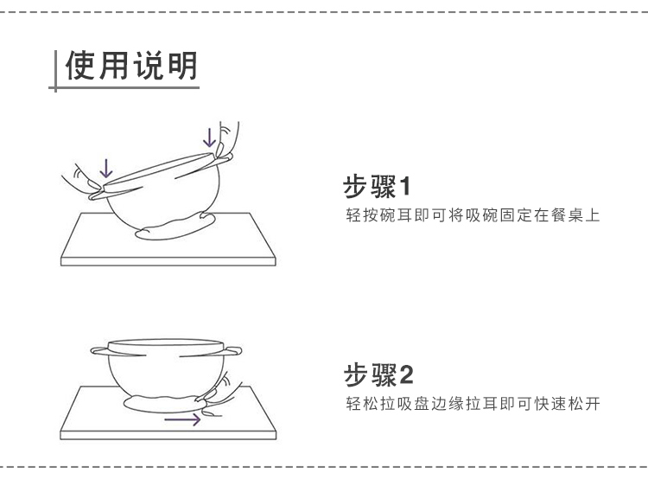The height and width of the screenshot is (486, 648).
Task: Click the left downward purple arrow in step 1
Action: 105,166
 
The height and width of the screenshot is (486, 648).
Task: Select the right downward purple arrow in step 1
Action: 208,136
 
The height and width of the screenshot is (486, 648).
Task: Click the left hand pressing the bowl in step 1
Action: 80,180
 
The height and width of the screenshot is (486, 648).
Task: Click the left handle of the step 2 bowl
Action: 98,351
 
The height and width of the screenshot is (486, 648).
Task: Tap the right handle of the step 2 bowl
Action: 234,350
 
